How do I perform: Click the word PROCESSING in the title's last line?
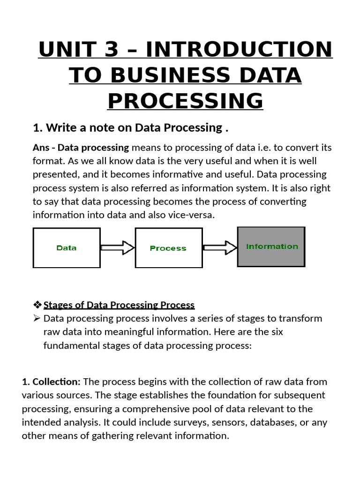185,101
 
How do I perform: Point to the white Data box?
66,247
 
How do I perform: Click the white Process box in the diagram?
168,248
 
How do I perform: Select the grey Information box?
271,247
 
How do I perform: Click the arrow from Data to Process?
117,247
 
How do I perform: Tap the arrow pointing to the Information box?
220,247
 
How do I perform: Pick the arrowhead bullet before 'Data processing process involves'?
37,319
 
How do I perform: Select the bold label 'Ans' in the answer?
42,148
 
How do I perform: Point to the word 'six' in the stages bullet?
292,332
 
